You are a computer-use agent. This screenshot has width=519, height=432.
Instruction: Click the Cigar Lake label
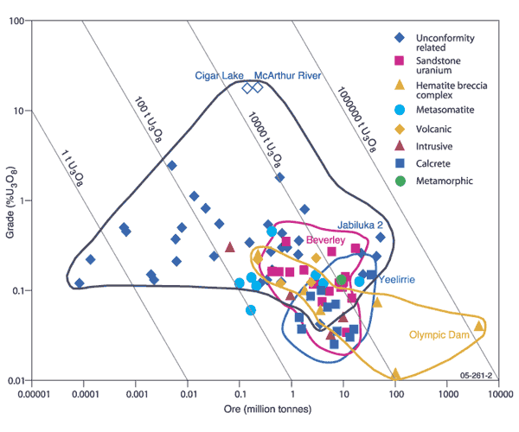219,76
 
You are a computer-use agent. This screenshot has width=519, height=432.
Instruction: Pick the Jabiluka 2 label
364,222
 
